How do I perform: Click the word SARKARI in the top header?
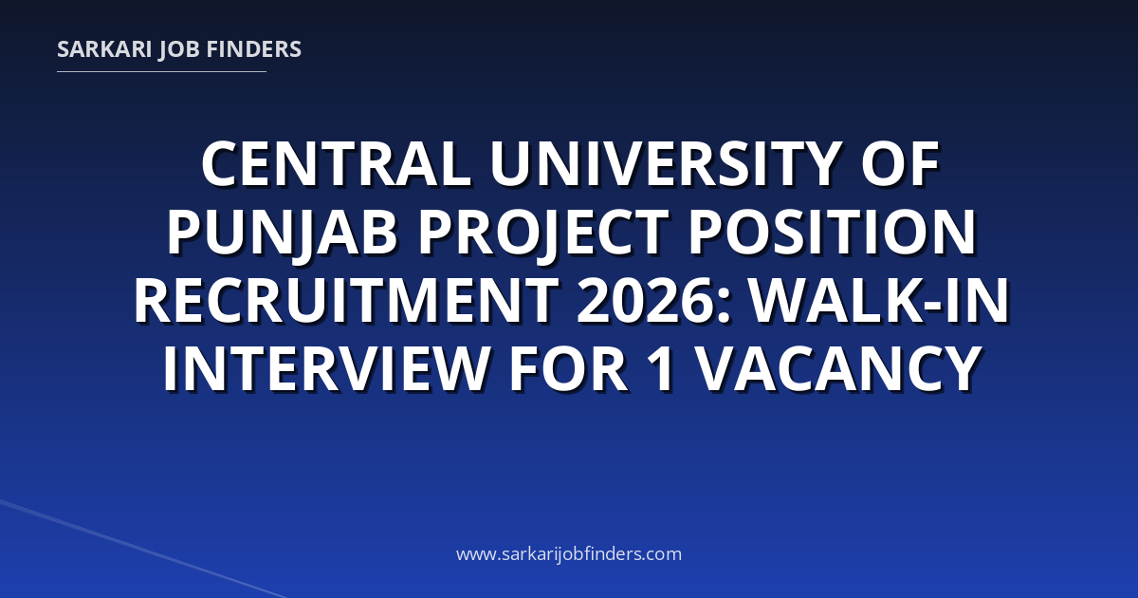pyautogui.click(x=104, y=49)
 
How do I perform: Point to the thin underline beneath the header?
pyautogui.click(x=161, y=72)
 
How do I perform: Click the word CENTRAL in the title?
pyautogui.click(x=337, y=164)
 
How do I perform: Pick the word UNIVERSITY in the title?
pyautogui.click(x=664, y=164)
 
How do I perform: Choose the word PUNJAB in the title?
pyautogui.click(x=283, y=234)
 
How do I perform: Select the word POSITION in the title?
pyautogui.click(x=832, y=233)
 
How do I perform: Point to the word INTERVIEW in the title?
pyautogui.click(x=326, y=369)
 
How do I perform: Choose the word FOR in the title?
pyautogui.click(x=568, y=369)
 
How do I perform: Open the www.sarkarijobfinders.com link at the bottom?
pyautogui.click(x=569, y=553)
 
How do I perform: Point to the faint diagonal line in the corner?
pyautogui.click(x=143, y=550)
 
